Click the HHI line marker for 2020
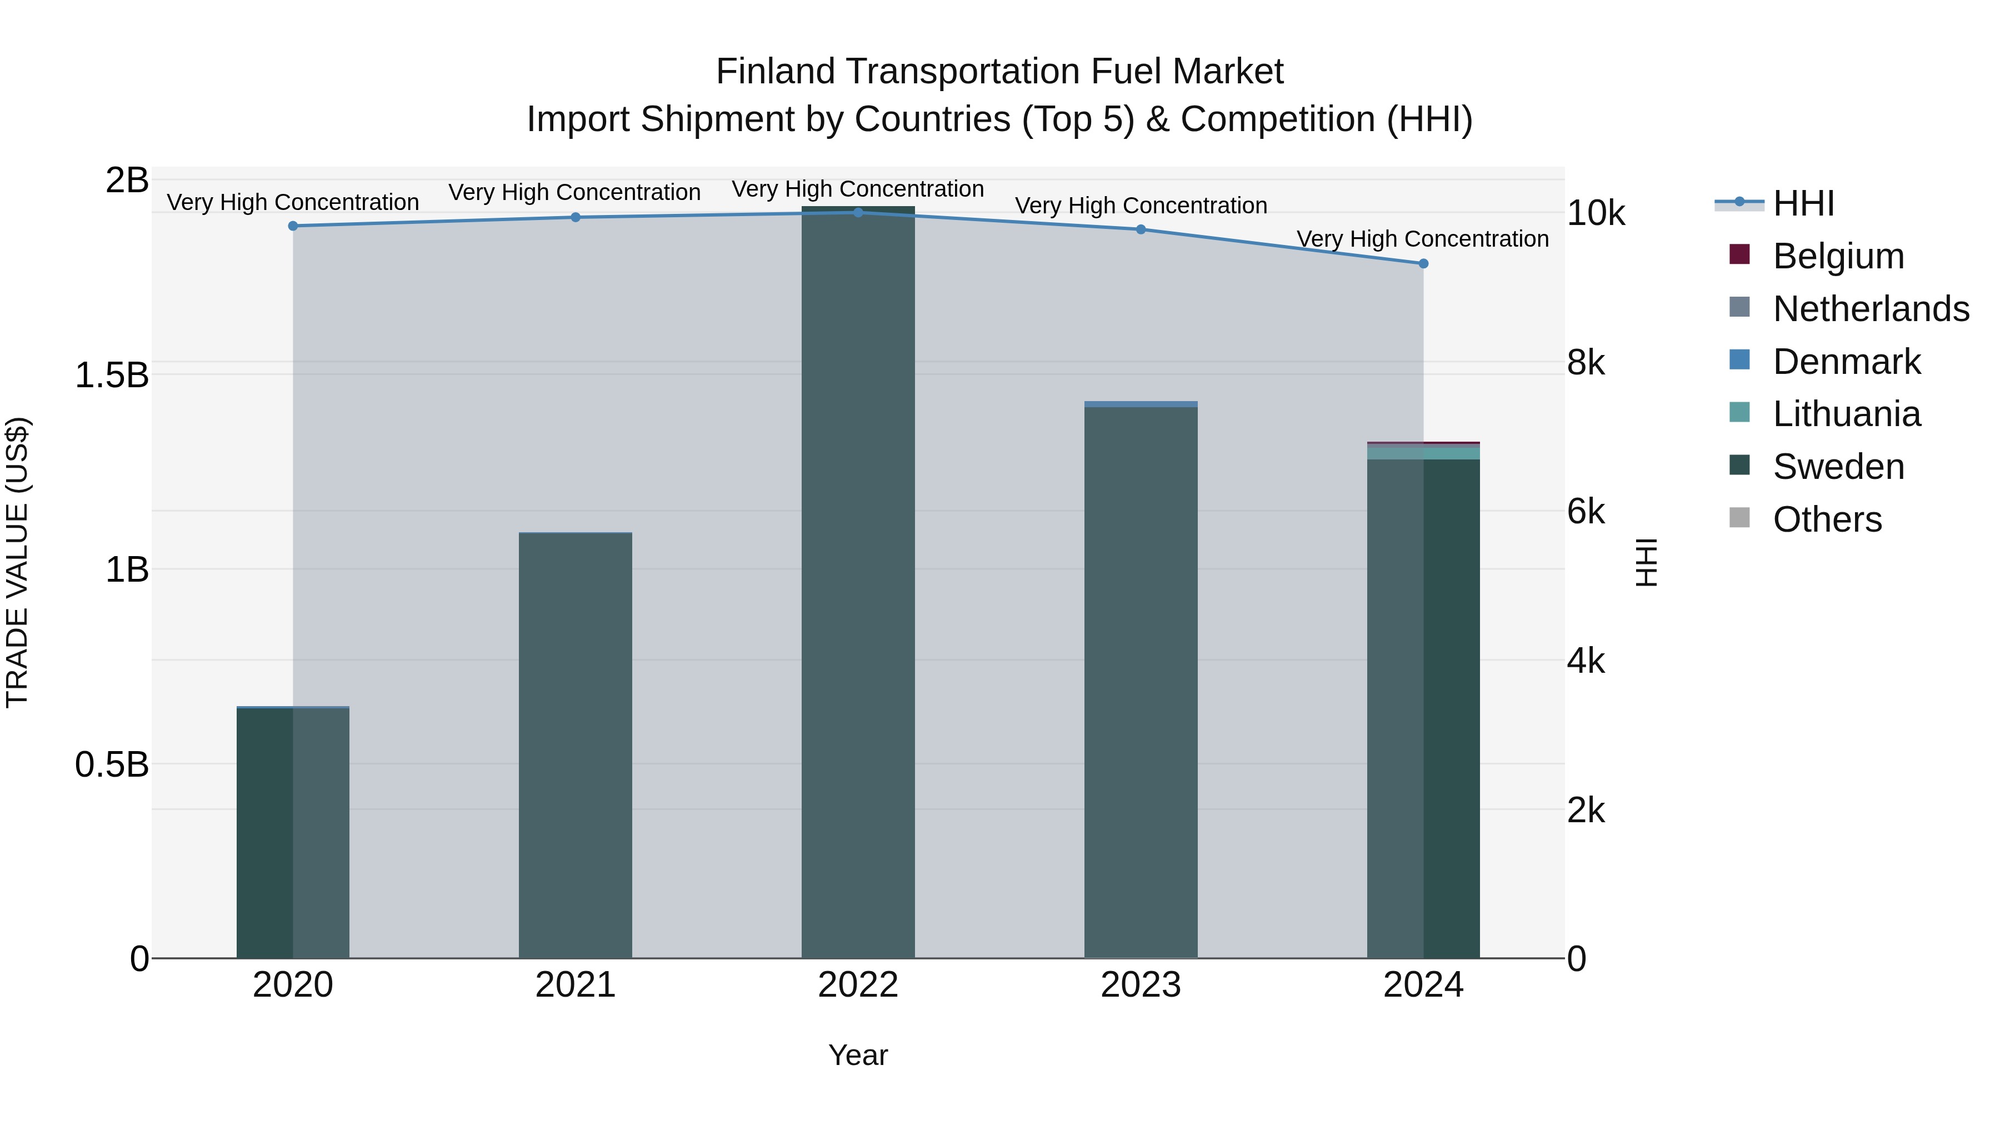pos(293,226)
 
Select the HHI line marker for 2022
pos(858,213)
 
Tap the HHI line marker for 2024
pos(1423,264)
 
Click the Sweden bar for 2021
pos(576,746)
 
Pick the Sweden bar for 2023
pos(1141,683)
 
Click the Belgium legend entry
pos(1838,256)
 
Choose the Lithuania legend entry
pos(1846,414)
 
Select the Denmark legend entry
pos(1846,362)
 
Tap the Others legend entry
pos(1827,519)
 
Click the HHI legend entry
pos(1803,203)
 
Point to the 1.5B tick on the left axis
pos(111,375)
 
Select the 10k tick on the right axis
pos(1596,213)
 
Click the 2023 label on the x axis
pos(1141,985)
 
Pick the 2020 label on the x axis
pos(293,985)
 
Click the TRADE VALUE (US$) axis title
pos(17,562)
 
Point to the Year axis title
pos(858,1055)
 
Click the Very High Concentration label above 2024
pos(1422,239)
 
